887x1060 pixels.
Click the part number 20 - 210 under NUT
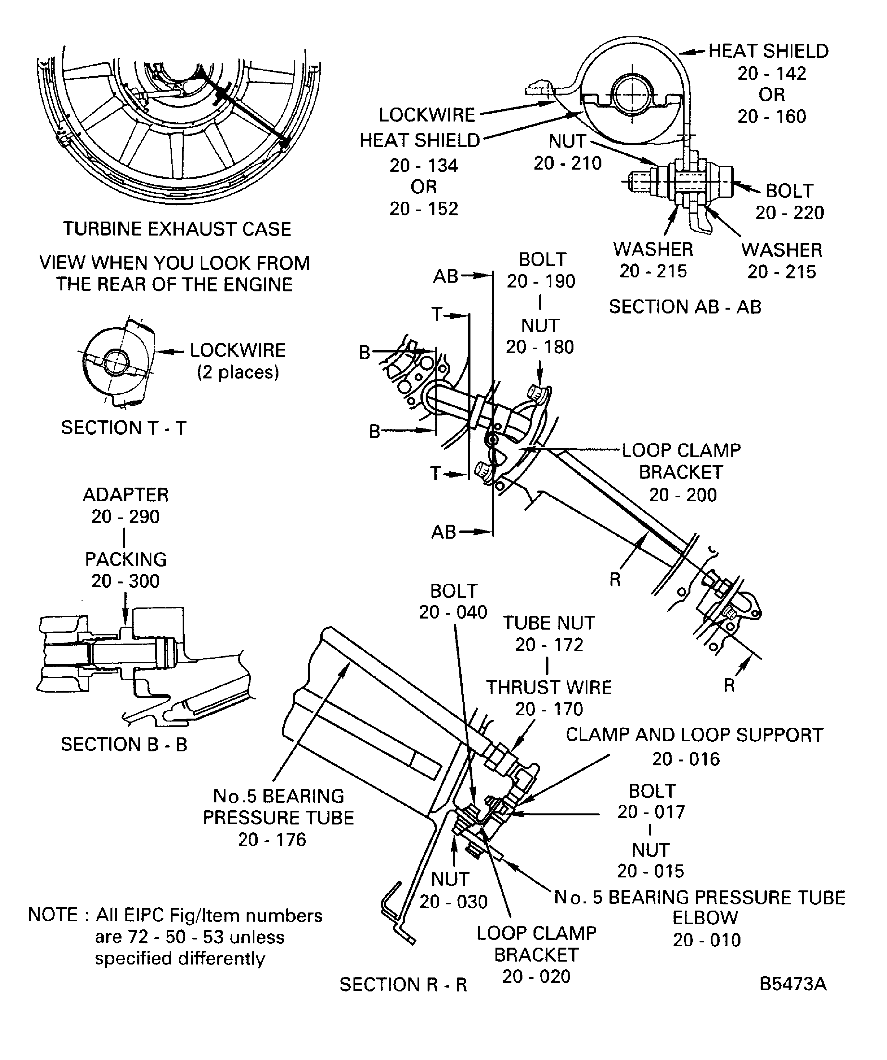tap(567, 163)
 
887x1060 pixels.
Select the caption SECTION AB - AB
tap(685, 307)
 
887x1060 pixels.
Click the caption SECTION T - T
tap(124, 428)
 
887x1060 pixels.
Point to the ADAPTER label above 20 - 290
tap(126, 495)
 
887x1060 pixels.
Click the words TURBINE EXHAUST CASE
tap(177, 229)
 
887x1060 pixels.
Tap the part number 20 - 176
tap(272, 840)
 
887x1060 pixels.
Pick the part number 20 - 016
tap(686, 759)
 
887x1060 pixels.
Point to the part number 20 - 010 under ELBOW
tap(707, 940)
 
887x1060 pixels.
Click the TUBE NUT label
tap(549, 623)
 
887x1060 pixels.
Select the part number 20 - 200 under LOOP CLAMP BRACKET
tap(683, 495)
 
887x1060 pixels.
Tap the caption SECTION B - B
tap(124, 745)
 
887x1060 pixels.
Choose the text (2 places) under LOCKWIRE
tap(238, 373)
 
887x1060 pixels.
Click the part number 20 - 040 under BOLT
tap(453, 612)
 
